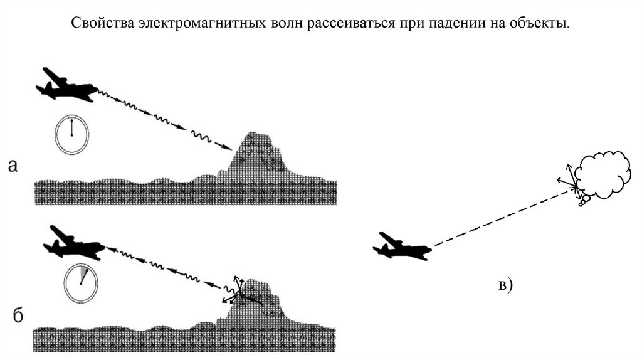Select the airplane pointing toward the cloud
401,246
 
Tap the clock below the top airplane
71,134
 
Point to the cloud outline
604,175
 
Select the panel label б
18,315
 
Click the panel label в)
505,286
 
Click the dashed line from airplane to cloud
502,216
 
